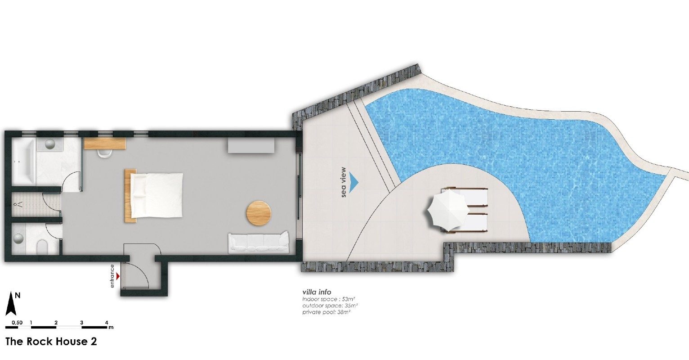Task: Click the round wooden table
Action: pos(259,214)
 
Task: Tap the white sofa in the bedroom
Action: pos(258,243)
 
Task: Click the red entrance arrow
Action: pos(118,276)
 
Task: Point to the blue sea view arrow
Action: pos(354,182)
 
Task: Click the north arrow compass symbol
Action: pos(11,304)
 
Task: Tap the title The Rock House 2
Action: pos(51,342)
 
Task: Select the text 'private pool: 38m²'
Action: pos(327,312)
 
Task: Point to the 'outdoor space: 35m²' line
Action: pos(330,306)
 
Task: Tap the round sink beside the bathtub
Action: pos(49,144)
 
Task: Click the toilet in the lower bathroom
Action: pos(41,247)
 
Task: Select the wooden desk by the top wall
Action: pos(105,144)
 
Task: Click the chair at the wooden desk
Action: pos(105,154)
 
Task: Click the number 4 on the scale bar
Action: pos(107,323)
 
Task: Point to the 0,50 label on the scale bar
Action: pos(17,323)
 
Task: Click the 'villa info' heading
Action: pos(317,292)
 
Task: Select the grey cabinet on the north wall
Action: pos(251,145)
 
